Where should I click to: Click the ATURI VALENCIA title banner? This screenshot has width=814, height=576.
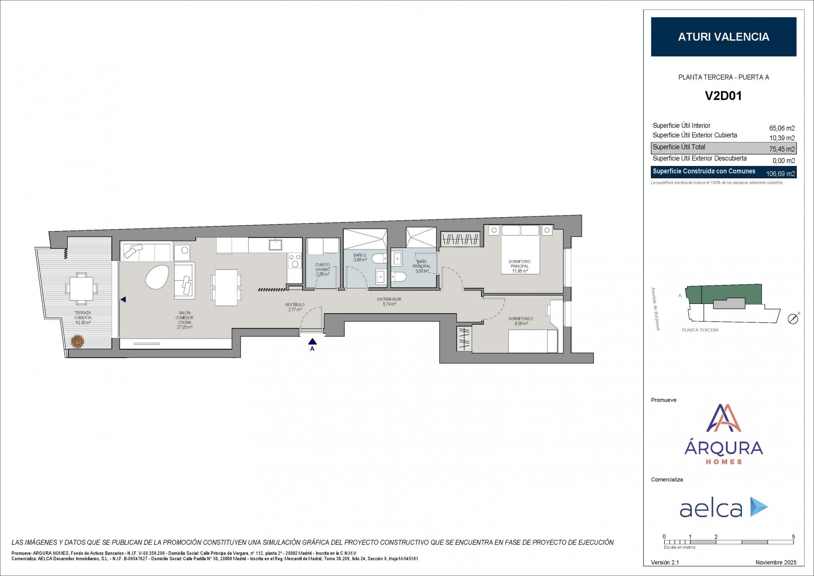click(723, 37)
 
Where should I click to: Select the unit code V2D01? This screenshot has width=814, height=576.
click(723, 96)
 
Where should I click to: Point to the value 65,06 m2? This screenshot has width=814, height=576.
click(782, 128)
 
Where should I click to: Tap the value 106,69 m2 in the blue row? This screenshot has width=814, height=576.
click(780, 174)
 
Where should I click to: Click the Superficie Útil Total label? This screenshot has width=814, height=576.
click(679, 147)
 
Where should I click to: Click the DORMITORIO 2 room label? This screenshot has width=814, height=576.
click(521, 321)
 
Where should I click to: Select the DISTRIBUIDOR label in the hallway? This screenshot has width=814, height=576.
click(389, 301)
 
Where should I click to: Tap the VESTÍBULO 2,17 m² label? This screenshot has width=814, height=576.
click(295, 307)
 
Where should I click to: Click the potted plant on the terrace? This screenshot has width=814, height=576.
click(77, 341)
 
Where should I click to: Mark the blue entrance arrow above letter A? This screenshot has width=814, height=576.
click(312, 341)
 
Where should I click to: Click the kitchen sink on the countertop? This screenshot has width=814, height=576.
click(275, 245)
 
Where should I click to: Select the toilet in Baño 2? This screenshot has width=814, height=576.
click(379, 258)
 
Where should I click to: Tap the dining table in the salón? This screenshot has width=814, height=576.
click(226, 287)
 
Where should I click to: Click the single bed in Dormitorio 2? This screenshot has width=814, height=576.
click(533, 341)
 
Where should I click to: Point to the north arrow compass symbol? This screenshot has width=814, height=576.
click(793, 319)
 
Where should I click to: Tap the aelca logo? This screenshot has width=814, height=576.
click(723, 508)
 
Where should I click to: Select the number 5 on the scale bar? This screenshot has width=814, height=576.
click(793, 537)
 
